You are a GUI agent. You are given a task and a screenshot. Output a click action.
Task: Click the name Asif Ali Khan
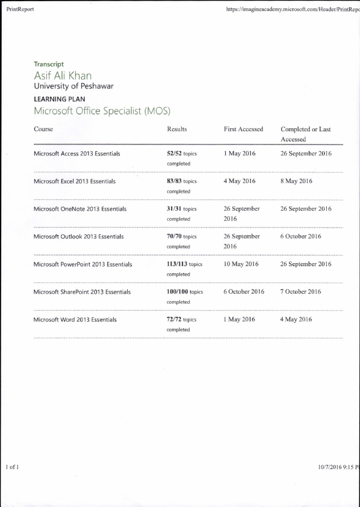point(63,75)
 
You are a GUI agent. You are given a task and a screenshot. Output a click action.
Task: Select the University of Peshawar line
point(73,86)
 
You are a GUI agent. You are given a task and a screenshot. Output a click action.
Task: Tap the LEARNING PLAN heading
point(60,99)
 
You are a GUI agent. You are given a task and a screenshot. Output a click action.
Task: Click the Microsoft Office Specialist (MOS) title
point(102,111)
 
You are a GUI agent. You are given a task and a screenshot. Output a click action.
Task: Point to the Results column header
point(176,129)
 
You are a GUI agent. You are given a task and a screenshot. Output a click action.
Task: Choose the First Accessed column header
point(243,129)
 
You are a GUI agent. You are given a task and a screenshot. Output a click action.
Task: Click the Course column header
point(43,129)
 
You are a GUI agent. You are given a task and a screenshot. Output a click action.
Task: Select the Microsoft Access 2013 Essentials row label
point(77,154)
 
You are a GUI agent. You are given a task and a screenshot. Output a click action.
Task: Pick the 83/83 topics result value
point(182,181)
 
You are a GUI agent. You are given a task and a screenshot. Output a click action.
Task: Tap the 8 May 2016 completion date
point(296,181)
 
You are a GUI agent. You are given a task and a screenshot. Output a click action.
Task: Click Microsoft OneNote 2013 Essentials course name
point(80,209)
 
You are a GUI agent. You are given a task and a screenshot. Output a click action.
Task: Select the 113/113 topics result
point(184,264)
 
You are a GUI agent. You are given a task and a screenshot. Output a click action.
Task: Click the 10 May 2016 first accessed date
point(241,264)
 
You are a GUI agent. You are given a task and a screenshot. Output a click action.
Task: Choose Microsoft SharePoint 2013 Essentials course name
point(82,292)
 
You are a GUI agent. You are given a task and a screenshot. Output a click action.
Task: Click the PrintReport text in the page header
point(19,10)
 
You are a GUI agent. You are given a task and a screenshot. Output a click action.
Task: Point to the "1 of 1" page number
point(13,467)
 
